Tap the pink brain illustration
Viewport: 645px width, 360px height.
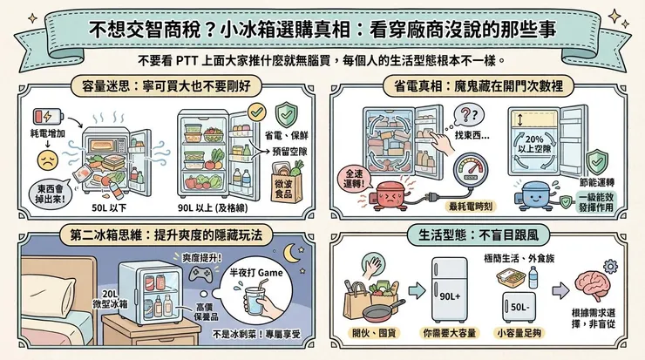pyautogui.click(x=592, y=284)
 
